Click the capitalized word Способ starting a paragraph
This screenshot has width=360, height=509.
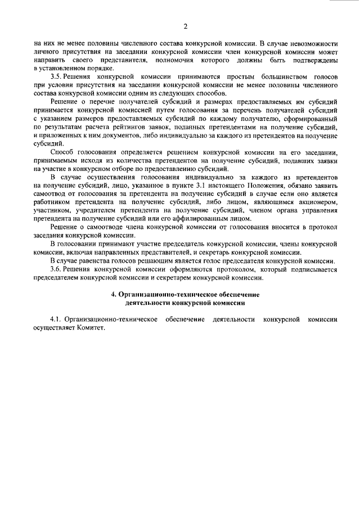[x=62, y=152]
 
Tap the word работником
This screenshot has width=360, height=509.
[x=56, y=202]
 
